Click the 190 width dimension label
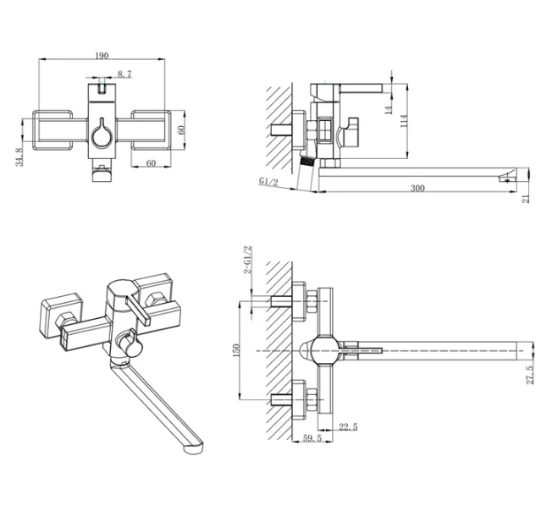coord(102,56)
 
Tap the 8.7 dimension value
coord(124,74)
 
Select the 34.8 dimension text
coord(19,157)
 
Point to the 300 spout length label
coord(417,188)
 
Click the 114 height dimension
coord(404,121)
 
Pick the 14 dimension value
coord(389,110)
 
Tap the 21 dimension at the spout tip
coord(526,199)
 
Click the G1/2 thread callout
coord(268,181)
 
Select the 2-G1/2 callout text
coord(248,260)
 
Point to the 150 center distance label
coord(236,350)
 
